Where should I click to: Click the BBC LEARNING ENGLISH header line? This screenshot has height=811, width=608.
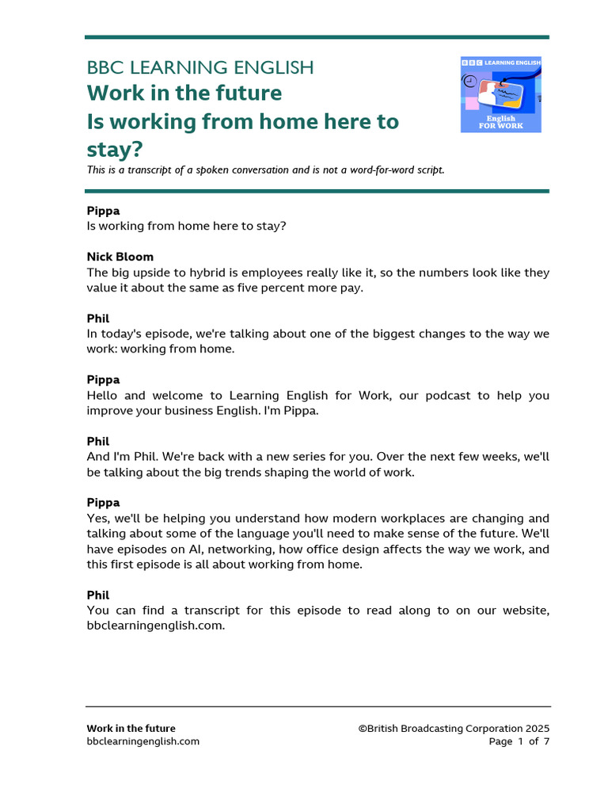pos(199,67)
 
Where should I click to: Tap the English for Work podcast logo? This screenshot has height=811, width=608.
pos(500,94)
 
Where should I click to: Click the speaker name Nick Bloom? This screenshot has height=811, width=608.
pos(120,257)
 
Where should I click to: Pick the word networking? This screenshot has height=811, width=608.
pos(237,549)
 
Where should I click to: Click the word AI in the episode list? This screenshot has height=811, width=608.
pos(196,549)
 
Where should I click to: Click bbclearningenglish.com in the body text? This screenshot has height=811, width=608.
pos(156,625)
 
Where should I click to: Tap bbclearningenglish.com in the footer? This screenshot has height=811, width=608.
pos(142,741)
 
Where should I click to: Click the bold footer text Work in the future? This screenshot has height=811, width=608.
pos(131,729)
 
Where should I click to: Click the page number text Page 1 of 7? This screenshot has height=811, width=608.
pos(519,741)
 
